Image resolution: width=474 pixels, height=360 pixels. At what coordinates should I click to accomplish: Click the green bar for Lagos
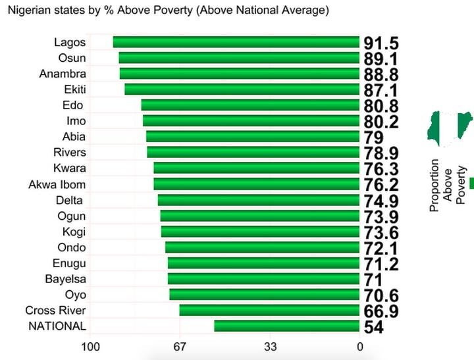click(x=236, y=42)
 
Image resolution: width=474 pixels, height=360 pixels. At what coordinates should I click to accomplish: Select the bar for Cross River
click(x=269, y=310)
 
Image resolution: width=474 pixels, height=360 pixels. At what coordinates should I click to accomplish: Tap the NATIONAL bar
click(x=286, y=326)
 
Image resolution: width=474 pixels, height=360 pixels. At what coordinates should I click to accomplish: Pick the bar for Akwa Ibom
click(x=256, y=184)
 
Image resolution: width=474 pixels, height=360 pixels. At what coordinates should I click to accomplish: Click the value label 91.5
click(x=381, y=43)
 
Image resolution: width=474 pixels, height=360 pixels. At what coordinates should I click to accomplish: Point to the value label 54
click(x=373, y=327)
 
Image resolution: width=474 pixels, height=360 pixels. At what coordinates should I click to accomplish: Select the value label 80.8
click(x=381, y=106)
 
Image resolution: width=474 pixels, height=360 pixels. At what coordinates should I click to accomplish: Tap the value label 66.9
click(x=381, y=311)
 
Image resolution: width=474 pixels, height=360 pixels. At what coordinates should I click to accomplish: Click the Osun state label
click(x=72, y=58)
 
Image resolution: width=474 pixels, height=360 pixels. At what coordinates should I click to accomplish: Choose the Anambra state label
click(x=63, y=74)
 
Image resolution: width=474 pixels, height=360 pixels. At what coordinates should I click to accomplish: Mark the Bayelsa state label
click(x=65, y=279)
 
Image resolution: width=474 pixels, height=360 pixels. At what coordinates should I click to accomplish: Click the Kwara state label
click(x=69, y=168)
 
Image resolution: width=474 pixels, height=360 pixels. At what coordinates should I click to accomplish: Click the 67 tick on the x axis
click(x=180, y=347)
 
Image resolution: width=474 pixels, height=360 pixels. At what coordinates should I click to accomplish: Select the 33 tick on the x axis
click(x=270, y=347)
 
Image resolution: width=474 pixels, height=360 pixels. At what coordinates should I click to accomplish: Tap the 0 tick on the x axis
click(x=359, y=347)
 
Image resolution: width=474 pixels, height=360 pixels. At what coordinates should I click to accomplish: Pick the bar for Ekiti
click(x=242, y=90)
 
